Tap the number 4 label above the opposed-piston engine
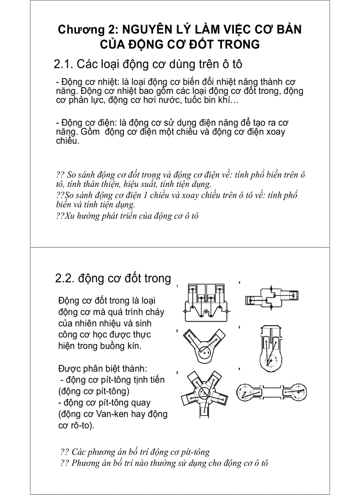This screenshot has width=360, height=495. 239,282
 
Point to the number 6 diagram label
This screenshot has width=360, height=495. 239,369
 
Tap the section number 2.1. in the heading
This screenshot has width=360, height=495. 64,64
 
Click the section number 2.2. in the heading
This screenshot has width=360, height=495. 65,279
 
